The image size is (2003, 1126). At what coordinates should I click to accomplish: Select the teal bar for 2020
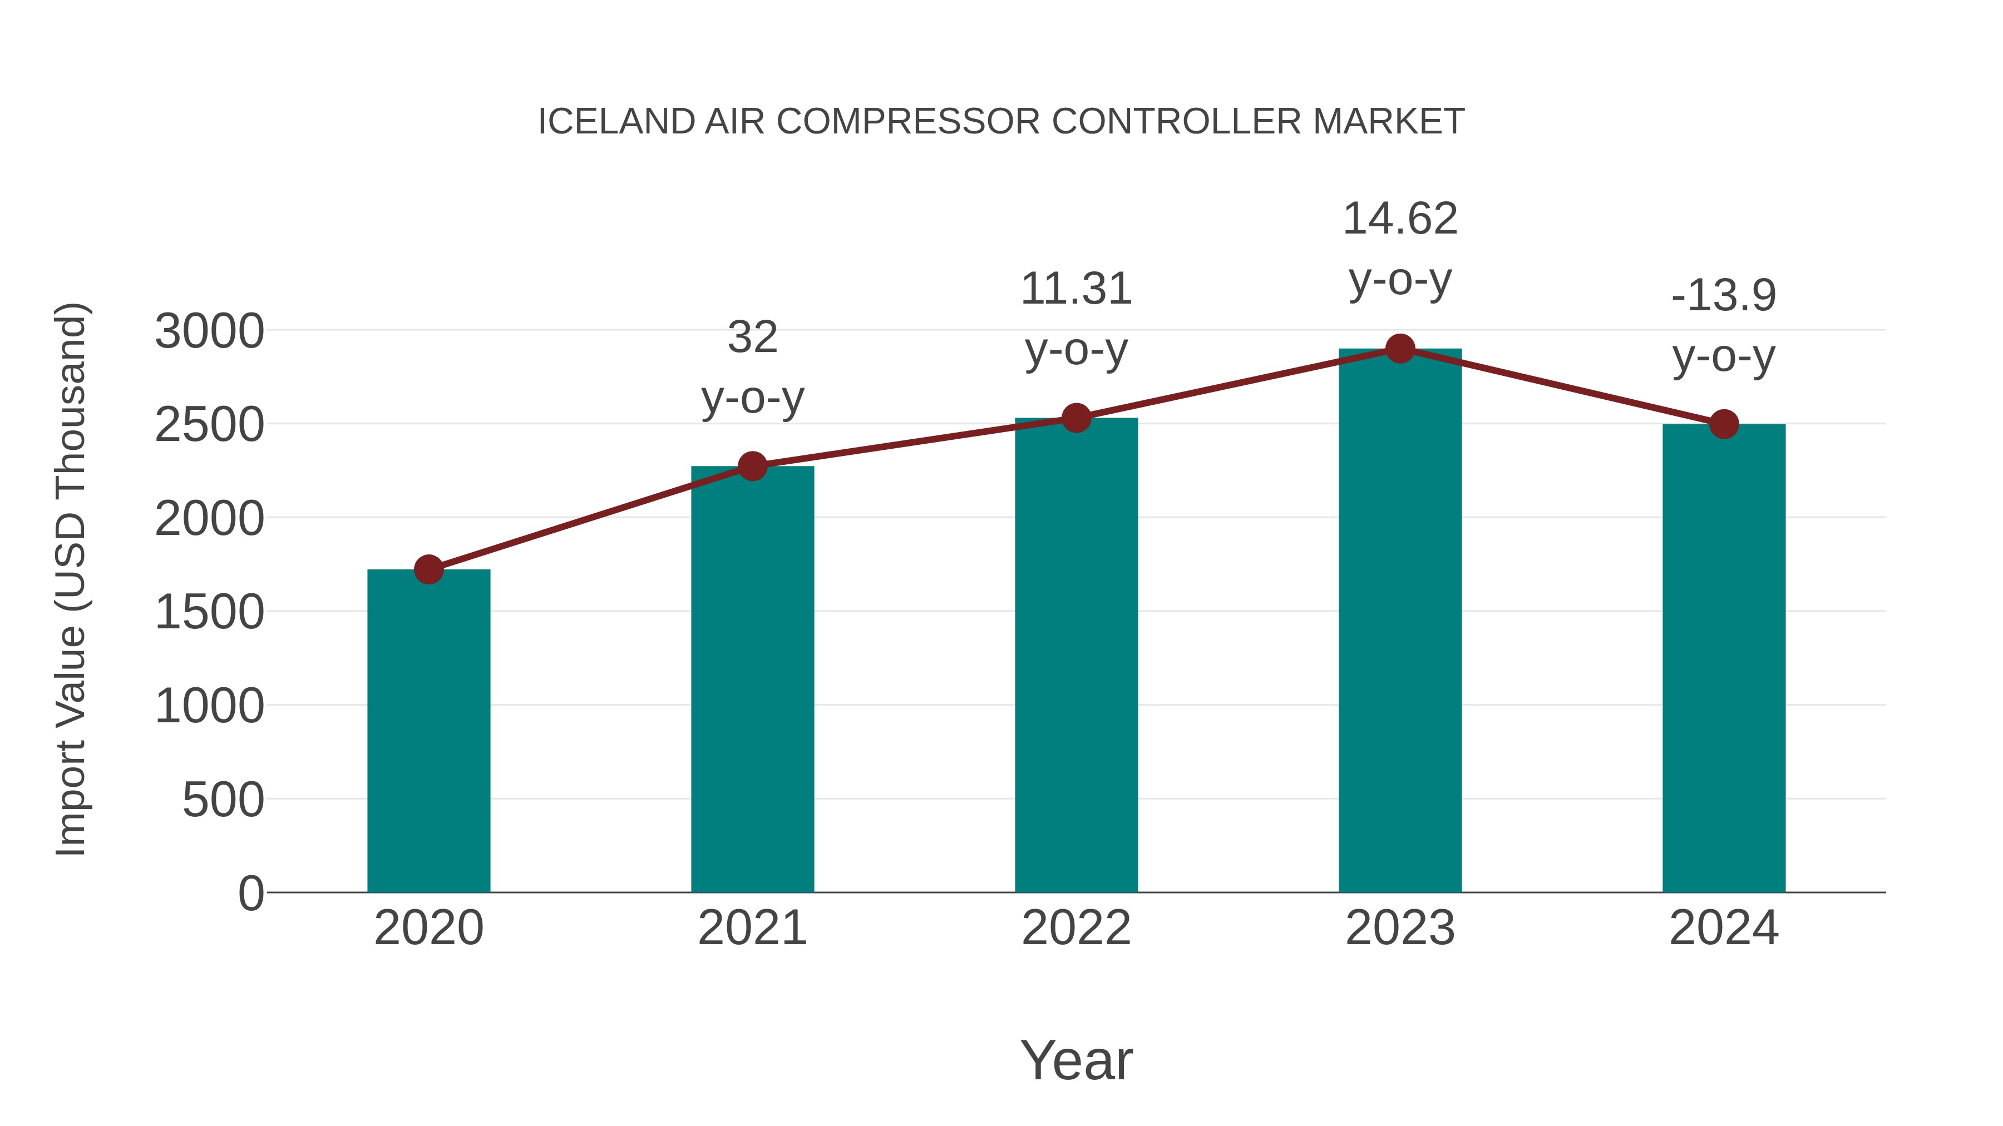point(428,731)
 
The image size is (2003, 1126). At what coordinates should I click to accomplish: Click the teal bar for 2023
point(1400,622)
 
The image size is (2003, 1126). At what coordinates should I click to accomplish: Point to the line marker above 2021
point(753,467)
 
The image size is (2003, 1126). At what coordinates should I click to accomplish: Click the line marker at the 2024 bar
point(1724,424)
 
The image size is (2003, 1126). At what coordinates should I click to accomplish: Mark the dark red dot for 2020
point(428,569)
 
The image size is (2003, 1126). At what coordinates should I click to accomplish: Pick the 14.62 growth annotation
point(1400,219)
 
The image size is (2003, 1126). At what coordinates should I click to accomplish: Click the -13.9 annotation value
point(1724,296)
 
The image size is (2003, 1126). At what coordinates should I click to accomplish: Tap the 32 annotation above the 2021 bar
point(753,338)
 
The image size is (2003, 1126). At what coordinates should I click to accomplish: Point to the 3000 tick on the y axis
point(209,332)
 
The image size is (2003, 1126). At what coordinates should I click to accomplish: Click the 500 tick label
point(223,800)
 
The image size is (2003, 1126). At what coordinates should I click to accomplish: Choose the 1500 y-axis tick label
point(209,613)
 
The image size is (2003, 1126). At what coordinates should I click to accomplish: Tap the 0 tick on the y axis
point(250,894)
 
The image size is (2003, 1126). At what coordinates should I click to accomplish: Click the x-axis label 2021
point(753,929)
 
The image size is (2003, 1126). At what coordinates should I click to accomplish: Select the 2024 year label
point(1724,929)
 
